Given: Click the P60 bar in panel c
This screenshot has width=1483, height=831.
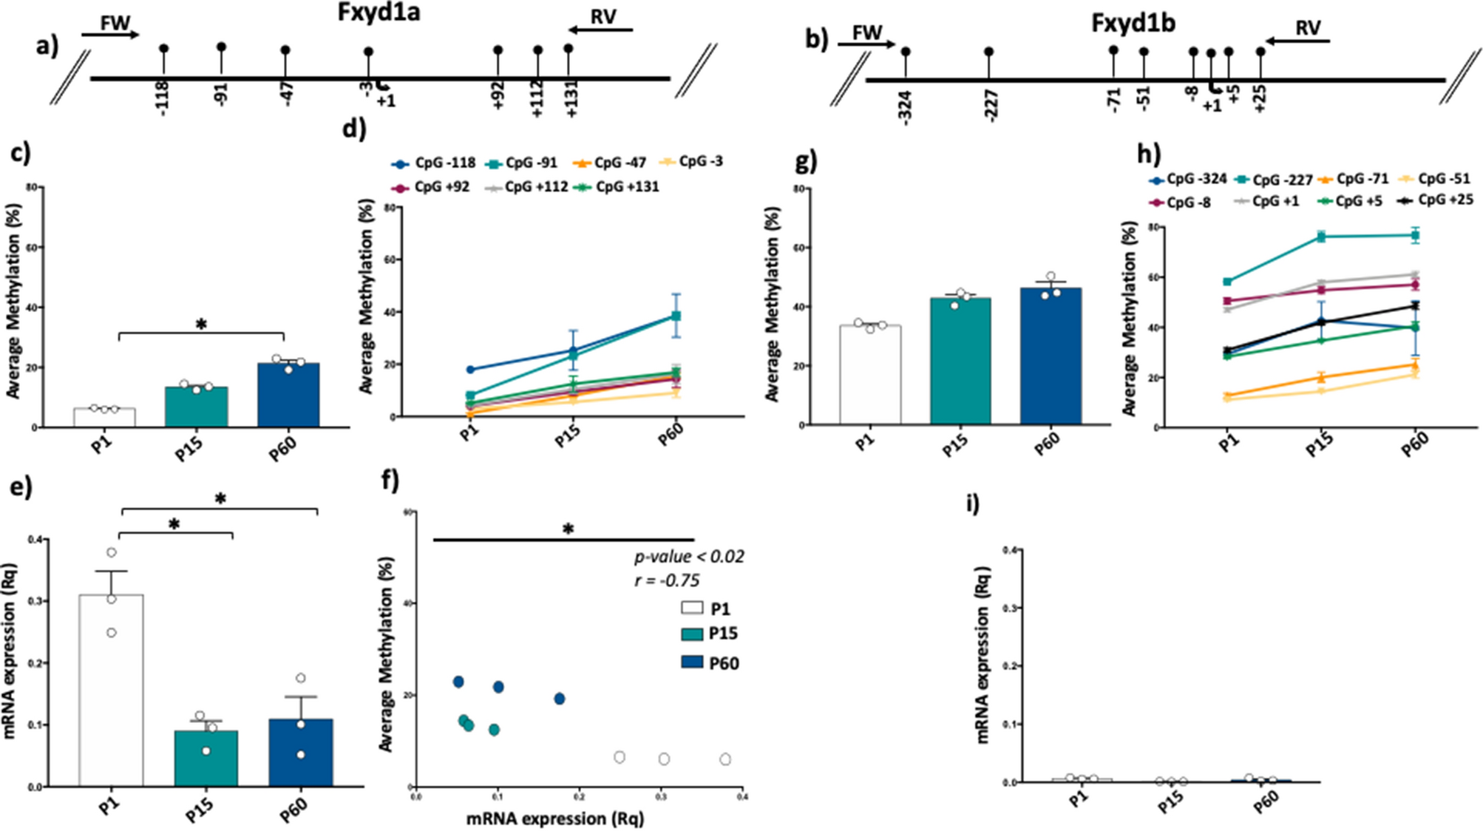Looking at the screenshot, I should (288, 395).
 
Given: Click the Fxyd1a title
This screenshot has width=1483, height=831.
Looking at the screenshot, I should (379, 13).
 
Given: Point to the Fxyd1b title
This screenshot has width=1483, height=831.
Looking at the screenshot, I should (1133, 23).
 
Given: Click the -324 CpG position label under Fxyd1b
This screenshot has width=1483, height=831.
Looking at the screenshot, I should (906, 106).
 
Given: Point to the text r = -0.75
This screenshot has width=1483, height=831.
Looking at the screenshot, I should (667, 580).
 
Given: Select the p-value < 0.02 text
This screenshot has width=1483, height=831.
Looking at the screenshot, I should (689, 557).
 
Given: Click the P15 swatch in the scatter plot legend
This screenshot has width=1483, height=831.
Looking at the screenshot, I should (692, 634).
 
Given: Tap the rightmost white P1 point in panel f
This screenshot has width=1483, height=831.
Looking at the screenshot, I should (725, 759).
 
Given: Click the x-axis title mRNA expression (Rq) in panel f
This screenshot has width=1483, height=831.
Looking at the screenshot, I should (554, 818).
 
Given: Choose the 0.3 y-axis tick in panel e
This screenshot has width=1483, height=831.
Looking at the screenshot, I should (34, 601).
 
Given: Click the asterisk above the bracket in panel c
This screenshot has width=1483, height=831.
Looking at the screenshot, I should (201, 325).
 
